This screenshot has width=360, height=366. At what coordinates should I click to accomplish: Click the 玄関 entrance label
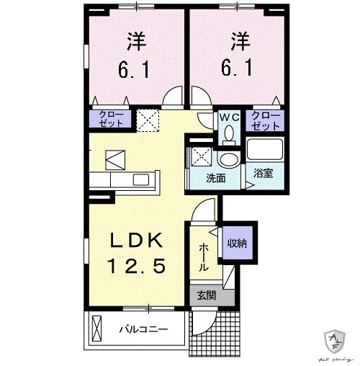coord(204,295)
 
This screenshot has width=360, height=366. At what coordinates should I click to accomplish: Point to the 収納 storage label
coord(237,244)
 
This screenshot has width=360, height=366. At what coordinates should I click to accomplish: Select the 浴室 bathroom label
coord(262,173)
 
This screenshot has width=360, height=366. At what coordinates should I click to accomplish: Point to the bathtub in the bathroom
coord(265,150)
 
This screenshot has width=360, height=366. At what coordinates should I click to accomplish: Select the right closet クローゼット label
coord(265,120)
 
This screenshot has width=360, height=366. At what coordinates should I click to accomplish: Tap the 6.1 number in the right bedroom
coord(237,69)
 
